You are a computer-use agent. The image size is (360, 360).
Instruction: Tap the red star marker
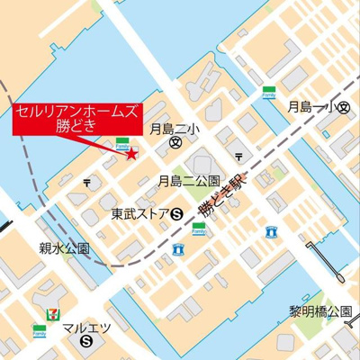tap(132, 154)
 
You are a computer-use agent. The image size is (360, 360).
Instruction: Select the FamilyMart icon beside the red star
tap(121, 141)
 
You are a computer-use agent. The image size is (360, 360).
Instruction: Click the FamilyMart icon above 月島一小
tap(268, 92)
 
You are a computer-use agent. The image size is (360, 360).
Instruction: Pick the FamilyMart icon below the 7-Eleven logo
tap(39, 330)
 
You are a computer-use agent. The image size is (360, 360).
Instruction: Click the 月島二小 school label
tap(177, 128)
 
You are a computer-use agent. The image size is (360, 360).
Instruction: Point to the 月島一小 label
tap(311, 107)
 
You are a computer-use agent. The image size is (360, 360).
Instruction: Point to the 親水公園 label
tap(64, 248)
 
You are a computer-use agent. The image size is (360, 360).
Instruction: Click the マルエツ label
tap(86, 328)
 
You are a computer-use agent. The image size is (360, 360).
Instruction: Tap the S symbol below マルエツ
tap(86, 343)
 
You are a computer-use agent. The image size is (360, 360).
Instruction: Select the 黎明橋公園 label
tap(319, 310)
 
